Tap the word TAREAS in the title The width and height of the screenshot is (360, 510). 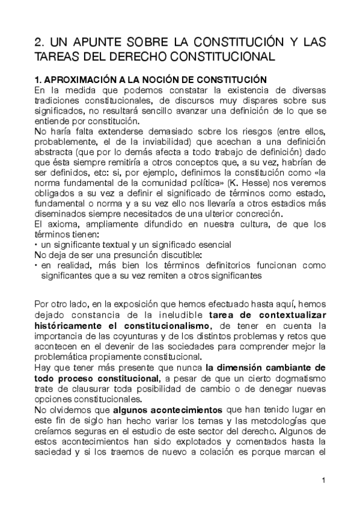pyautogui.click(x=56, y=57)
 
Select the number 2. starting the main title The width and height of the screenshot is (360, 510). pyautogui.click(x=40, y=43)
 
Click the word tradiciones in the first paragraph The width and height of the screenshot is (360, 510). pyautogui.click(x=59, y=99)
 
